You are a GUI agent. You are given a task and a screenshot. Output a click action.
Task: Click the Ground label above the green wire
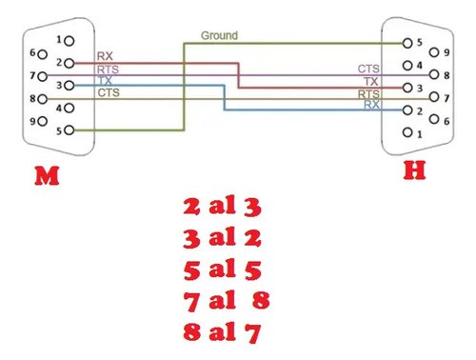pos(219,35)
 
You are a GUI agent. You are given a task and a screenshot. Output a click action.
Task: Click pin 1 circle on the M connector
pos(69,41)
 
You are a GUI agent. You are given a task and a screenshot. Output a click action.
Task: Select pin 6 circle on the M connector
pos(43,54)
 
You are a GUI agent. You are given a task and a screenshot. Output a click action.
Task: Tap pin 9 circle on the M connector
pos(43,121)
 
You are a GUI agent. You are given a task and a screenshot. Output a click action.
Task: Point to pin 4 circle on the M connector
pos(69,109)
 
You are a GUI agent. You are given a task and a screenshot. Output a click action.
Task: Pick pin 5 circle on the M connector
pos(69,130)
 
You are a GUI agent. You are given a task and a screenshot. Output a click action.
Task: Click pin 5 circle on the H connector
pos(407,43)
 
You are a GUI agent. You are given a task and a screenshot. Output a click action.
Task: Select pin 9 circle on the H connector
pos(434,52)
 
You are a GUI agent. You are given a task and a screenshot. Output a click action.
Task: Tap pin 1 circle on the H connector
pos(407,132)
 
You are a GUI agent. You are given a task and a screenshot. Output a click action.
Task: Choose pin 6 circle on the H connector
pos(434,119)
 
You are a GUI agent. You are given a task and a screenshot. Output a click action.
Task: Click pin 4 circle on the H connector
pos(407,66)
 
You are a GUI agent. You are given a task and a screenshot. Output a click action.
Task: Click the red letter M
pos(47,175)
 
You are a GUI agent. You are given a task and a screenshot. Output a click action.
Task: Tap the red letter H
pos(414,170)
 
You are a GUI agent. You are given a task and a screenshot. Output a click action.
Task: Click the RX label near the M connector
pos(105,56)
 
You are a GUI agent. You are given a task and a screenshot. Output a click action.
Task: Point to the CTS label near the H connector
pos(368,69)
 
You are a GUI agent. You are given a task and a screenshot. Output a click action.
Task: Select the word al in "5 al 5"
pos(223,269)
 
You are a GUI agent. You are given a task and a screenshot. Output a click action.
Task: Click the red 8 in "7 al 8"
pos(261,300)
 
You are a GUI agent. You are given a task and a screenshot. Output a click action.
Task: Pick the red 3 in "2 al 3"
pos(252,208)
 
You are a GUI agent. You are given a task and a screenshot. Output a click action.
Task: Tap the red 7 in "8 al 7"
pos(252,333)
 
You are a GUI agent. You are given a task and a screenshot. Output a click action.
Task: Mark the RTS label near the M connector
pos(108,70)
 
